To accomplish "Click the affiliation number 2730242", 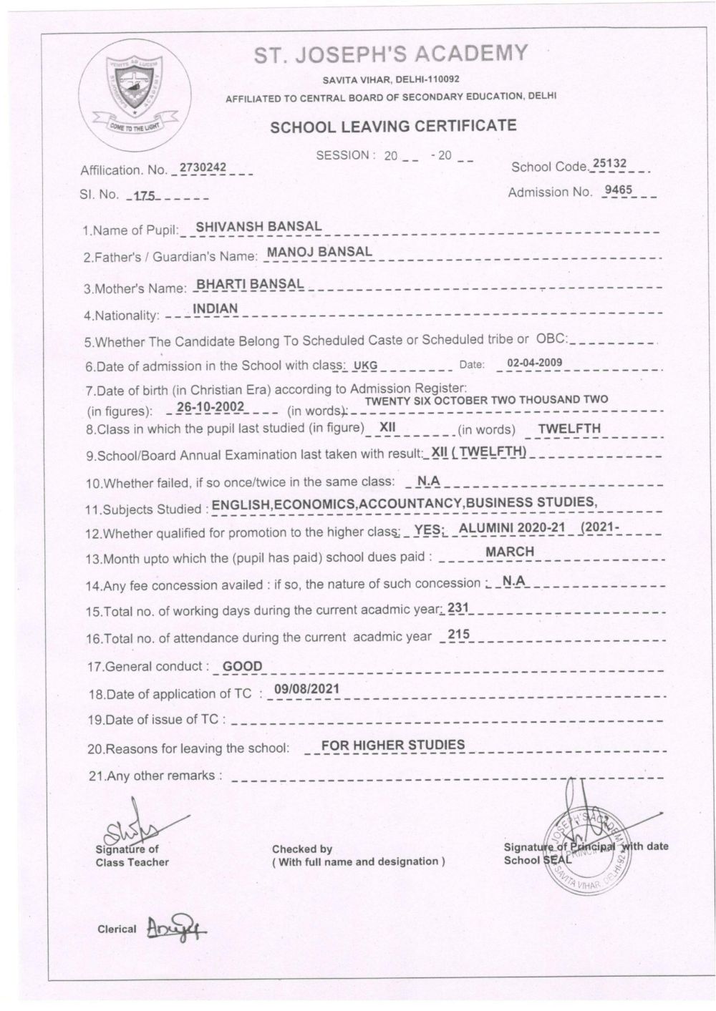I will click(203, 167).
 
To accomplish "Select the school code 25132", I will click(609, 164).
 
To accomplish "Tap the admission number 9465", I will click(619, 190).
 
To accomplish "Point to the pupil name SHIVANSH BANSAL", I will click(258, 227).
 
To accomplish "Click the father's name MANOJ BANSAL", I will click(319, 252).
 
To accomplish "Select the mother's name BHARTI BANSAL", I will click(250, 284).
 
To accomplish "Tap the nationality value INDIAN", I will click(216, 309).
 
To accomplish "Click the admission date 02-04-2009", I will click(534, 363).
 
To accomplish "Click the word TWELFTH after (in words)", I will click(569, 429).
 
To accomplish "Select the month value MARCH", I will click(509, 552).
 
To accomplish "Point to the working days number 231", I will click(458, 607).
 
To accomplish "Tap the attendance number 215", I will click(458, 634).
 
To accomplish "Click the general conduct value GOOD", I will click(243, 666).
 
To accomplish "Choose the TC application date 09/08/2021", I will click(301, 690).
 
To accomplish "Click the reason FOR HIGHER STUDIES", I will click(393, 745).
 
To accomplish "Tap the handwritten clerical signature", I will click(171, 928).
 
